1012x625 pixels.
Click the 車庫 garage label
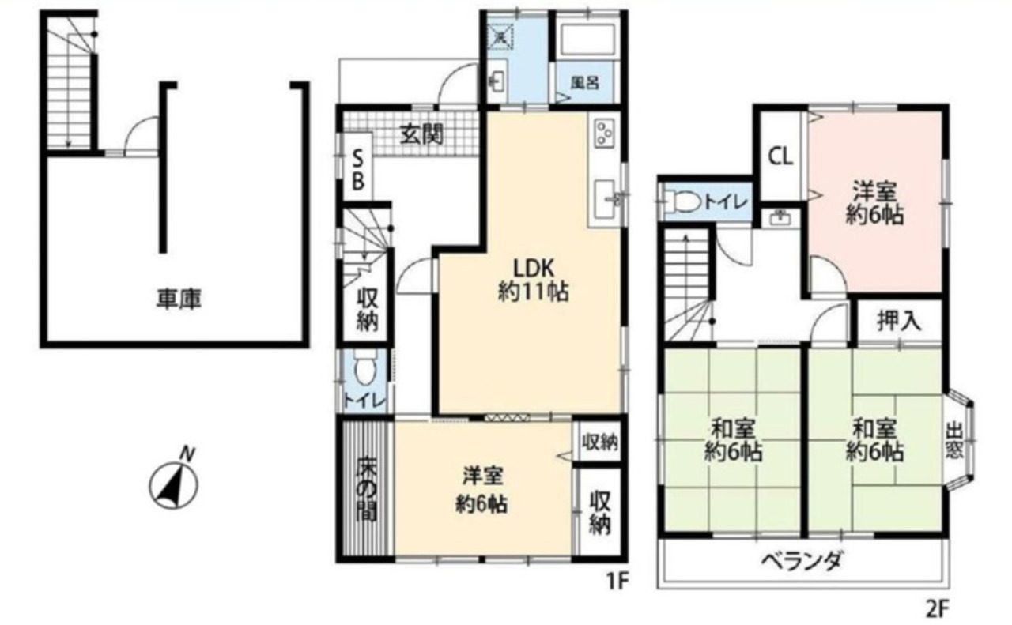tap(179, 299)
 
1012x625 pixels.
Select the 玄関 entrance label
tap(422, 134)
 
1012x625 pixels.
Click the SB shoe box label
tap(358, 170)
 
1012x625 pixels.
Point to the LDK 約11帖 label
tap(534, 280)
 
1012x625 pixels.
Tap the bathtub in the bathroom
tap(587, 40)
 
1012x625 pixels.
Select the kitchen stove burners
tap(603, 134)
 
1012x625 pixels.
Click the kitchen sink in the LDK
tap(606, 198)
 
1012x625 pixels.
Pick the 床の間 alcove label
tap(366, 490)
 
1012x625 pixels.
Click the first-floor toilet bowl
tap(364, 368)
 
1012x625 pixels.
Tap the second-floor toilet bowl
tap(683, 201)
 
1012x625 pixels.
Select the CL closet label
tap(780, 157)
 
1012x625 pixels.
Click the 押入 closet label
tap(899, 321)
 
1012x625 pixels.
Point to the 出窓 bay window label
tap(954, 441)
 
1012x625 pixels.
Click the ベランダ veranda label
tap(802, 561)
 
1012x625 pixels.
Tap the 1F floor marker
tap(617, 581)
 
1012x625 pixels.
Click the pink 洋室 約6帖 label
tap(874, 203)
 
